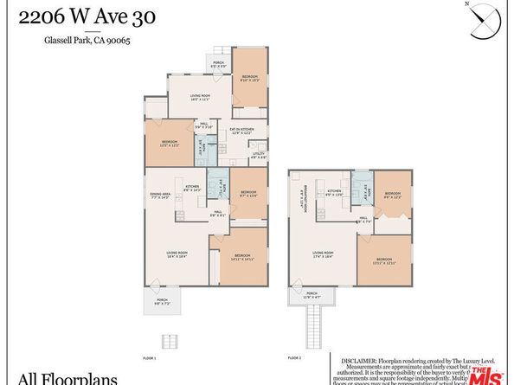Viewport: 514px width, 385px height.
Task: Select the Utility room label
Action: coord(259,155)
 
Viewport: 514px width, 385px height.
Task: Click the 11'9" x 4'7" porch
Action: coord(312,295)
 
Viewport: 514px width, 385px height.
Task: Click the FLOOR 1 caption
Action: coord(150,356)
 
